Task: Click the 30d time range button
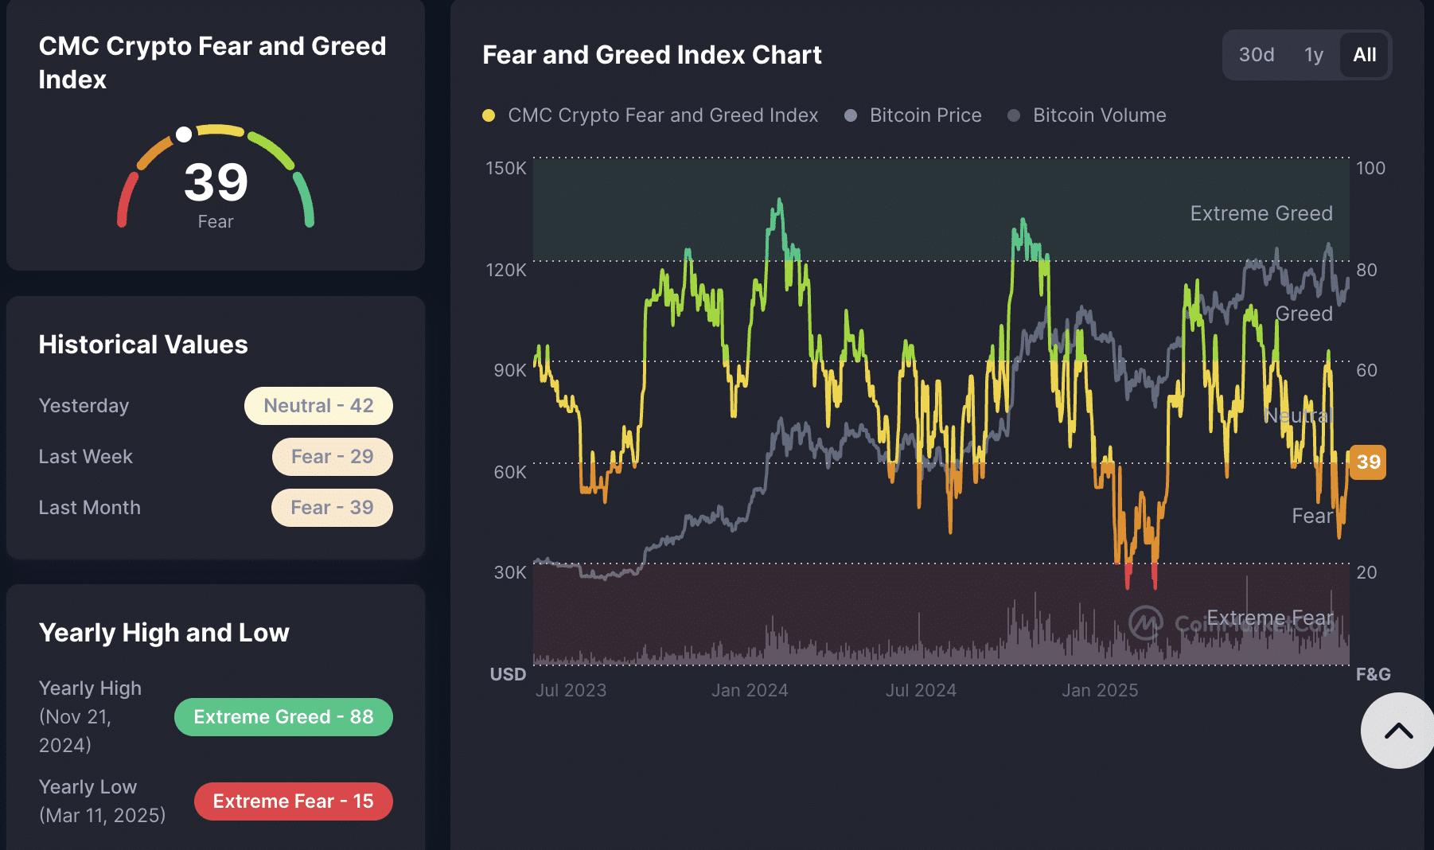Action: pyautogui.click(x=1257, y=55)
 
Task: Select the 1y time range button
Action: pyautogui.click(x=1313, y=55)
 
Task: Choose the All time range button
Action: pyautogui.click(x=1364, y=55)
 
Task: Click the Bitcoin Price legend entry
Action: pyautogui.click(x=925, y=115)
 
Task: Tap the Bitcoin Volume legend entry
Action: pyautogui.click(x=1098, y=115)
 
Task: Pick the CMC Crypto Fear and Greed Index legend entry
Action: pyautogui.click(x=662, y=115)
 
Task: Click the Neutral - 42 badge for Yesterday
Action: pyautogui.click(x=318, y=406)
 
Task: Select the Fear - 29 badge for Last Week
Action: pyautogui.click(x=332, y=457)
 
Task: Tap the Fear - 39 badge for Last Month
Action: pyautogui.click(x=332, y=508)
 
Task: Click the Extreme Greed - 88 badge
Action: pyautogui.click(x=283, y=717)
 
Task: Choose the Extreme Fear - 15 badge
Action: pyautogui.click(x=293, y=801)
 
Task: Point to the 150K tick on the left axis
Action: pyautogui.click(x=506, y=169)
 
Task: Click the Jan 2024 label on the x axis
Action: pyautogui.click(x=750, y=691)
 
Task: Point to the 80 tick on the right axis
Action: pyautogui.click(x=1366, y=270)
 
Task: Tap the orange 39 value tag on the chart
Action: pyautogui.click(x=1368, y=462)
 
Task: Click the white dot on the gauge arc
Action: pyautogui.click(x=184, y=135)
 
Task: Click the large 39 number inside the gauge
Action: pyautogui.click(x=216, y=182)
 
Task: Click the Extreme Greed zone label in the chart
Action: pyautogui.click(x=1261, y=213)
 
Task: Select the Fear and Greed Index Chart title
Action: pyautogui.click(x=652, y=55)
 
